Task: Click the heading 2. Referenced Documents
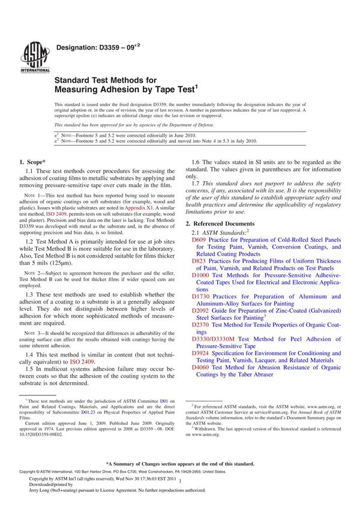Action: click(223, 223)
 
